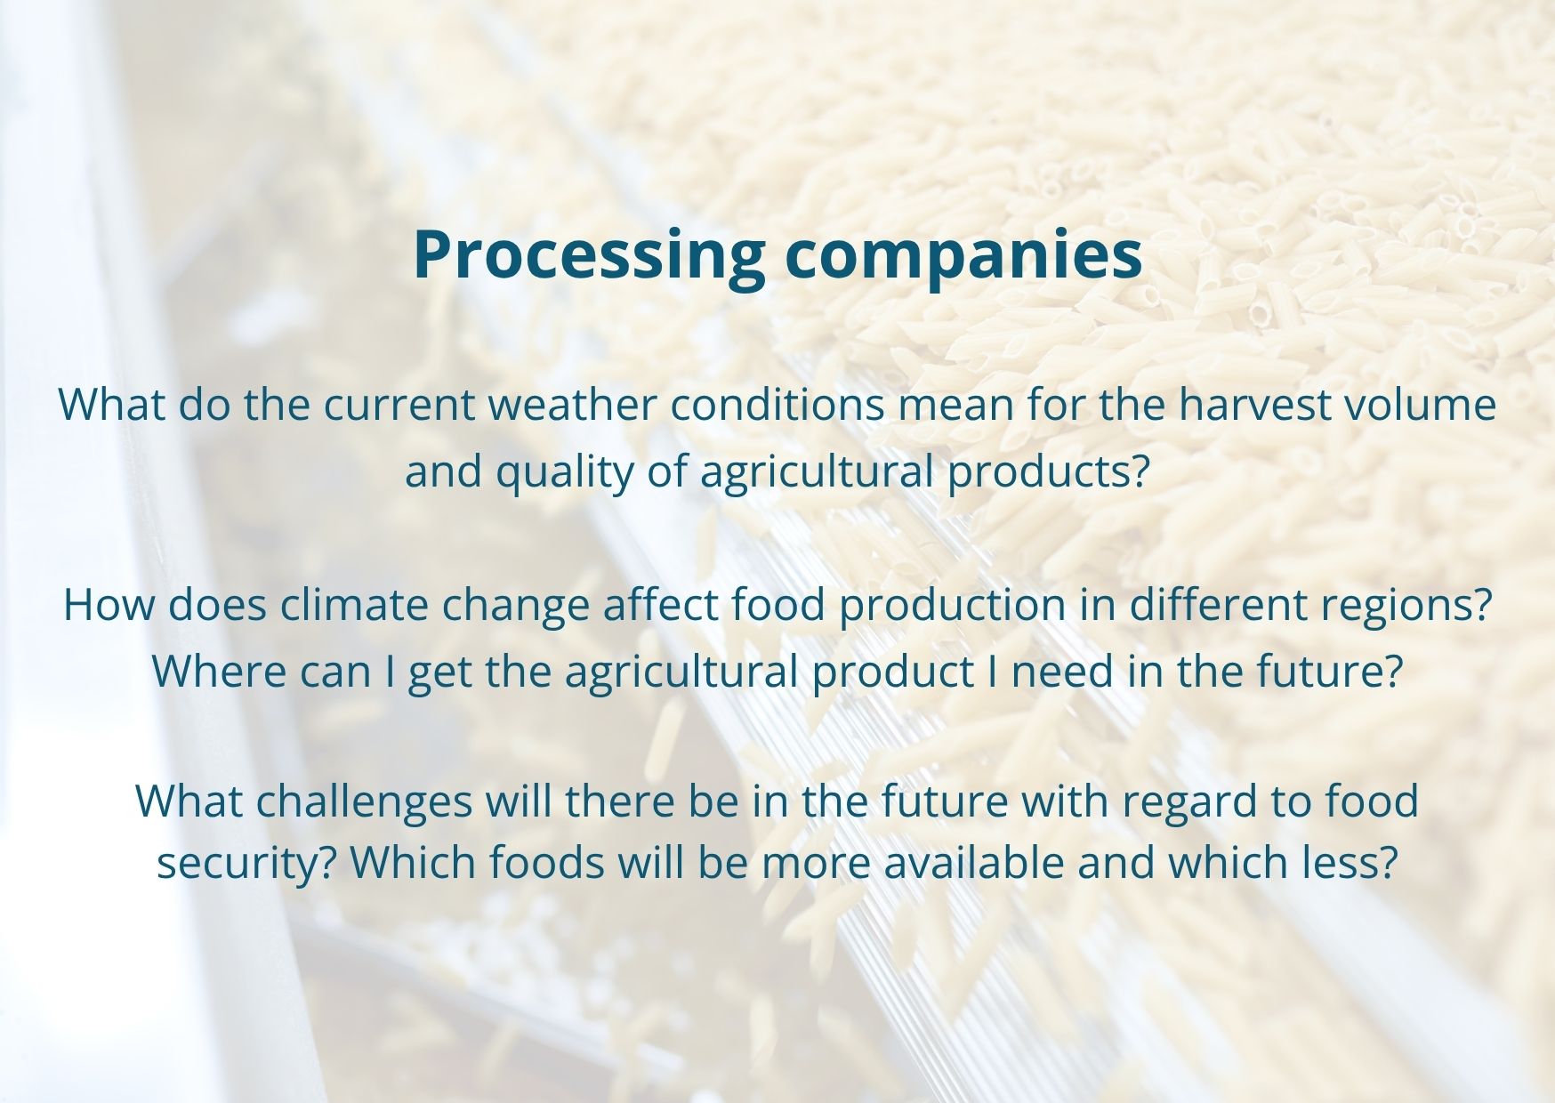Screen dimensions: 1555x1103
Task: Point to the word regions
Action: [x=1406, y=605]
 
